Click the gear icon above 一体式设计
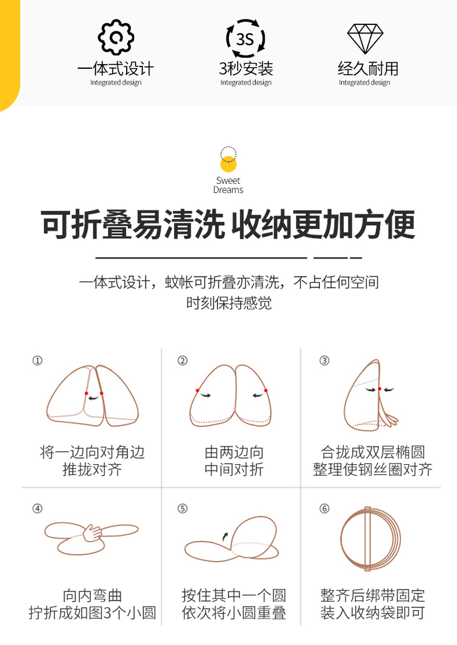pyautogui.click(x=116, y=37)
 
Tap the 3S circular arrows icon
pyautogui.click(x=246, y=38)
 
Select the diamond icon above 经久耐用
pyautogui.click(x=365, y=38)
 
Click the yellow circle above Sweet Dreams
pyautogui.click(x=228, y=164)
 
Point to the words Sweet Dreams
pyautogui.click(x=228, y=185)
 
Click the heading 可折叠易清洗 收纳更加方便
pyautogui.click(x=228, y=225)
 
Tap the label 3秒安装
pyautogui.click(x=246, y=68)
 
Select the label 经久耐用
pyautogui.click(x=368, y=68)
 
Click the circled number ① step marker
pyautogui.click(x=37, y=361)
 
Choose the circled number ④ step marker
pyautogui.click(x=37, y=509)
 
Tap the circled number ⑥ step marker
pyautogui.click(x=324, y=509)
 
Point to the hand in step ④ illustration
pyautogui.click(x=92, y=533)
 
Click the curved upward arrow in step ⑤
pyautogui.click(x=225, y=537)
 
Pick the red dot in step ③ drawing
pyautogui.click(x=380, y=389)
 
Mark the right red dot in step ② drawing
pyautogui.click(x=266, y=390)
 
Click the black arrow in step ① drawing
pyautogui.click(x=94, y=398)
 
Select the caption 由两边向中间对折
pyautogui.click(x=234, y=460)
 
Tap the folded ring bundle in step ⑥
pyautogui.click(x=370, y=539)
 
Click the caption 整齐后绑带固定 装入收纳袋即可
pyautogui.click(x=372, y=604)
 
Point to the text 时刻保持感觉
pyautogui.click(x=228, y=303)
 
